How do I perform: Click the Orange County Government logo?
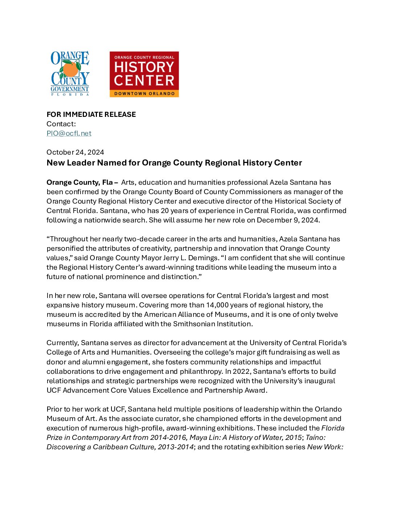click(70, 74)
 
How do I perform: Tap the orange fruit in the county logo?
click(70, 69)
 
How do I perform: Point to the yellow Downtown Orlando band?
click(144, 94)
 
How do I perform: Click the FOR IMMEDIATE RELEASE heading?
click(91, 114)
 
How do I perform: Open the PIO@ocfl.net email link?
click(69, 133)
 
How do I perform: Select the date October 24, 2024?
click(75, 152)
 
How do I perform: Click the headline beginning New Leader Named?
click(174, 163)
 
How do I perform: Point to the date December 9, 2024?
click(288, 220)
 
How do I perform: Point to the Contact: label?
click(61, 124)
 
